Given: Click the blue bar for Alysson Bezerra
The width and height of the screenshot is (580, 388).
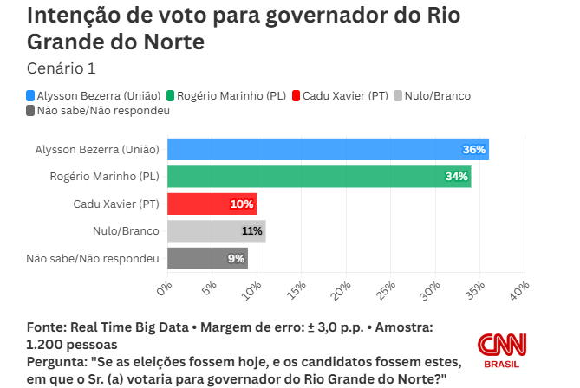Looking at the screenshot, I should tap(328, 149).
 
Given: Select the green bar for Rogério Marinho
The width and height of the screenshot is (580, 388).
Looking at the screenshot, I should tap(318, 177).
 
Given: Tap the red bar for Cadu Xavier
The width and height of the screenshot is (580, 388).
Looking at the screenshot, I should tap(212, 204).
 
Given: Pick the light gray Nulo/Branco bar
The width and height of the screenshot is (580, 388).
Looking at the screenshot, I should tap(216, 231).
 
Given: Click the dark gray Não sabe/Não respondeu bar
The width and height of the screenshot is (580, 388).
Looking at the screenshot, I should tap(206, 258).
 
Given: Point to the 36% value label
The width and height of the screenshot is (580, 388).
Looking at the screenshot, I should tap(474, 150).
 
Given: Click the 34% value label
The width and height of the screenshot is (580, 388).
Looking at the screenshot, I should tap(456, 177).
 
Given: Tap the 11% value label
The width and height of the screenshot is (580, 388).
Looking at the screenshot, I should tap(251, 231).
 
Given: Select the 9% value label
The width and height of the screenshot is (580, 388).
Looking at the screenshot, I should tap(236, 258).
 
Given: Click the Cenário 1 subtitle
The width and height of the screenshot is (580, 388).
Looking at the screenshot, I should tap(62, 68).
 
